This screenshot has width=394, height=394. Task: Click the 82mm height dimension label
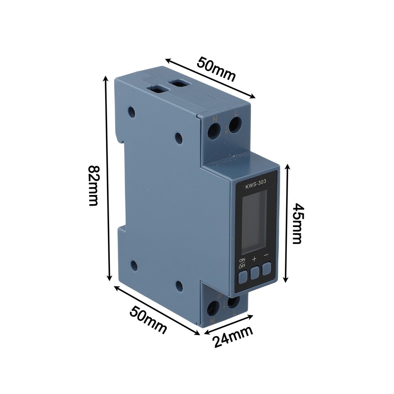93,185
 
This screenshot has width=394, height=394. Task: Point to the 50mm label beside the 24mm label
148,320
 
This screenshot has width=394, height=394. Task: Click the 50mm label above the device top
216,69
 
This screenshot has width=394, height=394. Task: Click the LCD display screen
254,222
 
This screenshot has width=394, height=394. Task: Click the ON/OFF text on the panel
242,263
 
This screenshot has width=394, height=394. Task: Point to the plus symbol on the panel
255,259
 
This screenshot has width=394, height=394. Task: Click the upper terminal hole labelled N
214,131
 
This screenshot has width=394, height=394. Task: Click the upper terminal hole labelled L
235,126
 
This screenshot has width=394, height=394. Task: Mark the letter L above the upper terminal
236,113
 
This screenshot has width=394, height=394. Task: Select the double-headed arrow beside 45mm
288,223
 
